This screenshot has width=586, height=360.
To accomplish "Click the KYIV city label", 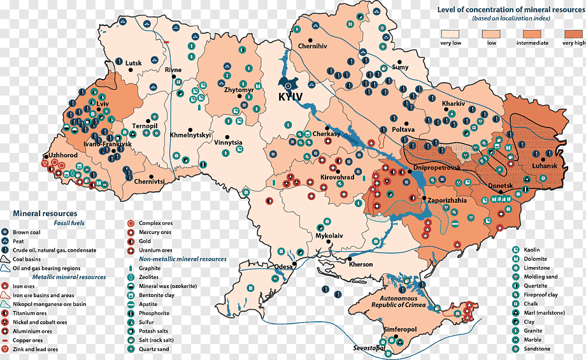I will click(x=290, y=96).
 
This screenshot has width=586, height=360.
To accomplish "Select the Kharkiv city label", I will click(x=453, y=103).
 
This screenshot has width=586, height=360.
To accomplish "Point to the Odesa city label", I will click(x=284, y=267).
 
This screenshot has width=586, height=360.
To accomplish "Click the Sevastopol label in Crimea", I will click(x=369, y=349).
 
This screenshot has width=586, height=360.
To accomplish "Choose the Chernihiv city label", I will click(x=313, y=46).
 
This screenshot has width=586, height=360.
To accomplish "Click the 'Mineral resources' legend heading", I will click(x=45, y=213).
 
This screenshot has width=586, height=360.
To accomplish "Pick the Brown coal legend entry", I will click(x=26, y=233).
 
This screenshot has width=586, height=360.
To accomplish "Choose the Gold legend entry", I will click(x=145, y=241).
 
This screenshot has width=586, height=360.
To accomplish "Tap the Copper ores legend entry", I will click(x=28, y=340).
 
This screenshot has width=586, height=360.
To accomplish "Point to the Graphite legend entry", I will click(x=150, y=268).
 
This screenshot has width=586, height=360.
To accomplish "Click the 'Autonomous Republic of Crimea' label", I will click(x=399, y=302).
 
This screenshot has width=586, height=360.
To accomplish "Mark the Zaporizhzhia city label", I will click(x=447, y=200).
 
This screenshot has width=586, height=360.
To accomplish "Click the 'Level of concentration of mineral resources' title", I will click(x=511, y=10).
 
